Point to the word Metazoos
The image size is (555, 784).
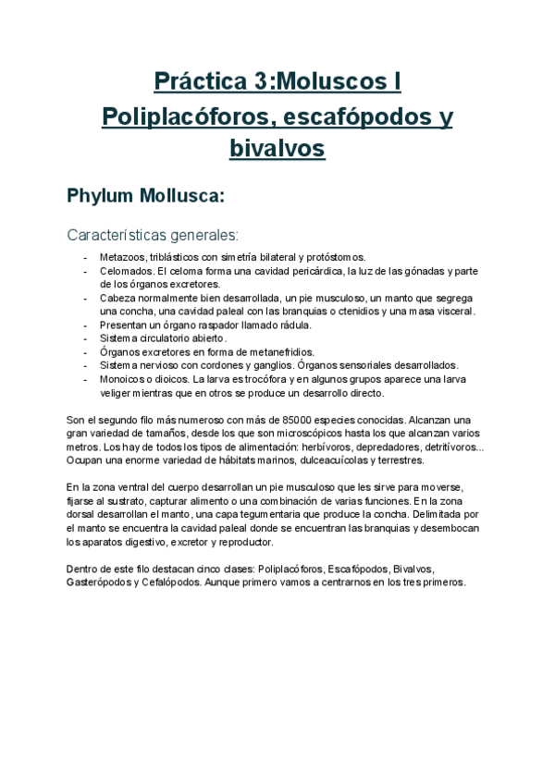(124, 256)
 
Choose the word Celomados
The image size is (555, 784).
(127, 271)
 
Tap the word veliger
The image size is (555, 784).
(117, 393)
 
